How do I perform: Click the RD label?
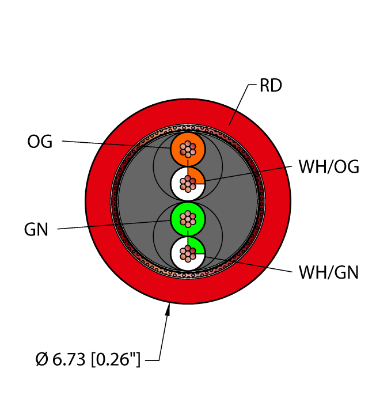point(271,85)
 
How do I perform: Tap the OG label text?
point(40,142)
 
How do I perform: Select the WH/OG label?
point(329,167)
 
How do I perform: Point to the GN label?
point(36,230)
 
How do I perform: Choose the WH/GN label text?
point(328,272)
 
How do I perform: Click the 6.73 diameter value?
point(69,359)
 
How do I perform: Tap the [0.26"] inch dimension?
point(116,359)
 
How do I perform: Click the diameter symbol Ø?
point(42,359)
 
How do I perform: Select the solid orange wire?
point(188,149)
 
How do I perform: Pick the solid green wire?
point(188,219)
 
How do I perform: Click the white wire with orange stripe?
point(188,184)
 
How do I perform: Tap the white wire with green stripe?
point(188,253)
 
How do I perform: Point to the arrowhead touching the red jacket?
point(168,309)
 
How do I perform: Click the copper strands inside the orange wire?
point(188,149)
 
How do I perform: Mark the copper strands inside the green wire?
point(188,219)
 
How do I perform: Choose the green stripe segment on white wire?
point(196,246)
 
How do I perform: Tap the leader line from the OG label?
point(116,145)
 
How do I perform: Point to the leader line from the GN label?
point(114,225)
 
